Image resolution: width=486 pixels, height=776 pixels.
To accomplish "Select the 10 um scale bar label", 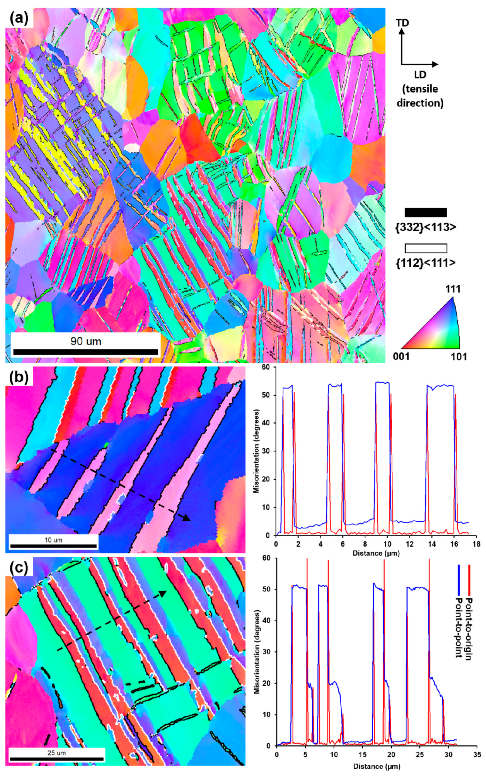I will [x=53, y=540].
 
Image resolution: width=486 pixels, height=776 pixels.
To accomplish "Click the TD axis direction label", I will [x=402, y=23].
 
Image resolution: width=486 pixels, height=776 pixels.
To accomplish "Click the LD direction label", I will [x=420, y=75].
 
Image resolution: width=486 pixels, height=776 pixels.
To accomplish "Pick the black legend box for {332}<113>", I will [x=426, y=212].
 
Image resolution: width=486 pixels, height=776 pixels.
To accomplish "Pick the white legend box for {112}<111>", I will [x=426, y=248].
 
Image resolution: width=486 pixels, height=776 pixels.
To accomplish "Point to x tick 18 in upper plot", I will [x=476, y=543].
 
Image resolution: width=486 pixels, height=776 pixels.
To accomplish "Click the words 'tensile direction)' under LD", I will [x=420, y=96].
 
